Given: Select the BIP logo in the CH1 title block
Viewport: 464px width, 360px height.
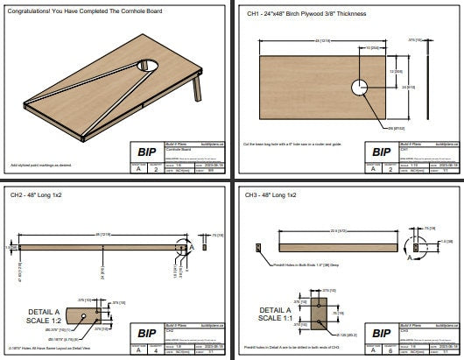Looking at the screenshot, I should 379,152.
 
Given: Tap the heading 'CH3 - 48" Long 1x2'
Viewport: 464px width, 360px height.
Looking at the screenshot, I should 271,194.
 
